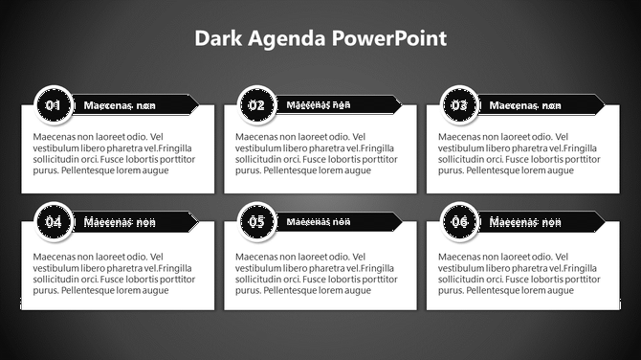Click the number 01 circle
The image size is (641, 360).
[54, 105]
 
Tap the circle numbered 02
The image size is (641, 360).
[256, 105]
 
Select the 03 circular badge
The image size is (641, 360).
[460, 105]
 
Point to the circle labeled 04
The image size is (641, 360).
[54, 222]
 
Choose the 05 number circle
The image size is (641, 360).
[256, 222]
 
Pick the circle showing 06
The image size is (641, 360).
[460, 222]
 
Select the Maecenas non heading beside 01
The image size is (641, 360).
[120, 105]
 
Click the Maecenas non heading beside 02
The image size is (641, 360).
[319, 104]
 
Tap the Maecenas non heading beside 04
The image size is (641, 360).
[120, 222]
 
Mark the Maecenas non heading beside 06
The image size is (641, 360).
[525, 222]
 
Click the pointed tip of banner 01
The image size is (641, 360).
[196, 104]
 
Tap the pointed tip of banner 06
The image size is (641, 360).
[603, 222]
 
